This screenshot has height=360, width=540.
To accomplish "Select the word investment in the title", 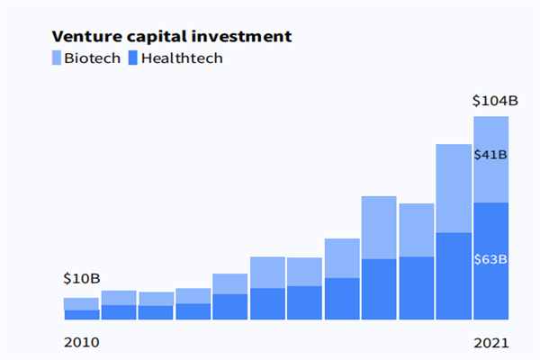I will (x=241, y=37).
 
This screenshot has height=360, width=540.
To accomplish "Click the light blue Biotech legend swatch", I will (x=58, y=58).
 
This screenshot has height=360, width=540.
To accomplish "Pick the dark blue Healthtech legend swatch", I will (x=133, y=58).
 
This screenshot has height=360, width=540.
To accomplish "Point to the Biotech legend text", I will (x=93, y=58).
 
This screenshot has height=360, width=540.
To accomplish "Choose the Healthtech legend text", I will (x=182, y=58).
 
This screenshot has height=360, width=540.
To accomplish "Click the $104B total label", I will (x=495, y=101).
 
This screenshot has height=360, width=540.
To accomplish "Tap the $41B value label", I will (x=491, y=155).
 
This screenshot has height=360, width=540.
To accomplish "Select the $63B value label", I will (x=491, y=260).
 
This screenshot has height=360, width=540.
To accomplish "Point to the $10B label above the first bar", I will (x=81, y=278).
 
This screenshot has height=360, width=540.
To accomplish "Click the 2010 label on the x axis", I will (x=81, y=343).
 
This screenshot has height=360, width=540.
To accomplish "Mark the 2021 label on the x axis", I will (x=491, y=343).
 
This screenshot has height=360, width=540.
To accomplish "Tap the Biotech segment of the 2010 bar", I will (x=81, y=303).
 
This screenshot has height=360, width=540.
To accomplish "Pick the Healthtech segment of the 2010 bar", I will (x=81, y=314).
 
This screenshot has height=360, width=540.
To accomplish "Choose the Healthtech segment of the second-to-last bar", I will (x=454, y=275).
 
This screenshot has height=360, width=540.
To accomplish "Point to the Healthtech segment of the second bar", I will (x=119, y=311).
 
